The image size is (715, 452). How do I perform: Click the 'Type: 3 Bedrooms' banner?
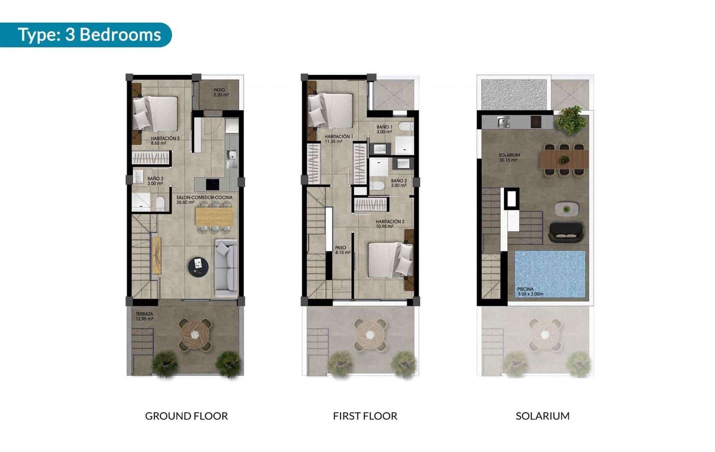88,35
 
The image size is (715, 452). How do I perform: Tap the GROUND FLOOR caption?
186,416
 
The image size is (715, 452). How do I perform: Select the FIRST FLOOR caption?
365,416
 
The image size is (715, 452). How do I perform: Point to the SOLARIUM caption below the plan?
543,416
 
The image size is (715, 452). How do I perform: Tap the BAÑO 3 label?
155,181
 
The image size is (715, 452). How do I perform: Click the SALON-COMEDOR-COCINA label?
204,199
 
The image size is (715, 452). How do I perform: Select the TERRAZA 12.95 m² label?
144,317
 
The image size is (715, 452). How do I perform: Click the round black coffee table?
198,266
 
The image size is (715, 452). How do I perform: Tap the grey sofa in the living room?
226,268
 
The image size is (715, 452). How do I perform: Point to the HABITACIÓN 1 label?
338,139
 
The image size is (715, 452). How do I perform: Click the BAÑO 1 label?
384,129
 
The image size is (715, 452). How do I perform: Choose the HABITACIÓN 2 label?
390,224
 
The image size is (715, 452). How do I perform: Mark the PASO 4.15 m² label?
342,250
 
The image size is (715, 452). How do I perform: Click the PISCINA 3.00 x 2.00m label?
530,291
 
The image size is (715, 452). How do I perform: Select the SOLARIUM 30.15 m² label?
509,157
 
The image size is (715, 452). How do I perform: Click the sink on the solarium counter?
503,121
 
